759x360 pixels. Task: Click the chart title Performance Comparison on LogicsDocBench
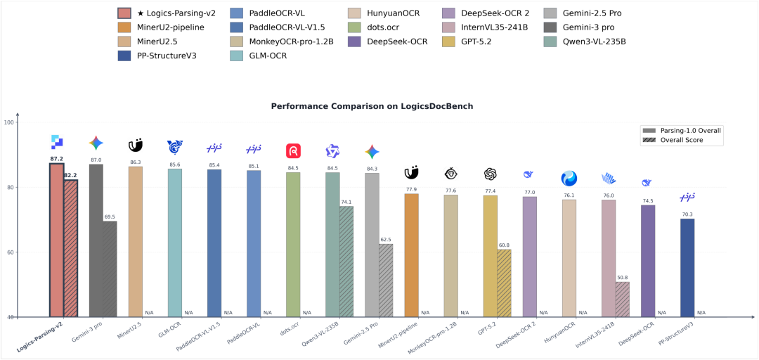coord(379,106)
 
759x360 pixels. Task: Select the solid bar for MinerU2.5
coord(136,242)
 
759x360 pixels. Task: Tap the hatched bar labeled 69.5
coord(110,269)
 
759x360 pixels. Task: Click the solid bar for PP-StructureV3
coord(687,268)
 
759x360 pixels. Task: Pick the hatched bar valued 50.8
coord(622,300)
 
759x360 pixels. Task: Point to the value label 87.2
coord(57,159)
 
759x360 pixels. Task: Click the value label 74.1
coord(346,202)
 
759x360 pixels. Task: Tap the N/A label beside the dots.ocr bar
coord(307,312)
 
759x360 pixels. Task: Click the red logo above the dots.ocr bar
coord(294,151)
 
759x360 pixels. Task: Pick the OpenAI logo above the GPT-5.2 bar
coord(491,174)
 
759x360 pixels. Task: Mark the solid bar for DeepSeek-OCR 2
coord(530,257)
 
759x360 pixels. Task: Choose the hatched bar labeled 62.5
coord(386,281)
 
